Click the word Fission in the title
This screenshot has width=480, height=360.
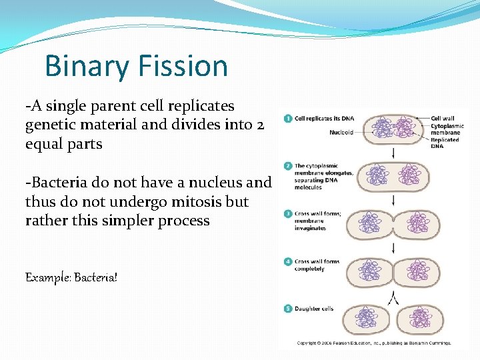pos(183,66)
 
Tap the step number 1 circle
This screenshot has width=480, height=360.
pos(287,118)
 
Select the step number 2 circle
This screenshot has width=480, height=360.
pos(287,165)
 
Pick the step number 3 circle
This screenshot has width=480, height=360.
pos(287,214)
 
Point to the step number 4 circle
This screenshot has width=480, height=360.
pos(287,262)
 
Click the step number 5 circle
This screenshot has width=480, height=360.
pos(287,309)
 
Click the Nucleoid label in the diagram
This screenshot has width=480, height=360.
pos(341,133)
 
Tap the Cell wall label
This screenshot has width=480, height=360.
pos(442,118)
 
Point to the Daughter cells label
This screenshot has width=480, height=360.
pos(314,309)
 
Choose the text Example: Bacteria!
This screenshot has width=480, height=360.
pos(71,276)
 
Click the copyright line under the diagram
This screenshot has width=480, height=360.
pos(374,343)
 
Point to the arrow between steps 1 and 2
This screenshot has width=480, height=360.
pos(393,153)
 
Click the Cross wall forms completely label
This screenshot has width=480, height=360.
pos(317,265)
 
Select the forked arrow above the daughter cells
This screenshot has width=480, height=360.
pos(393,297)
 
